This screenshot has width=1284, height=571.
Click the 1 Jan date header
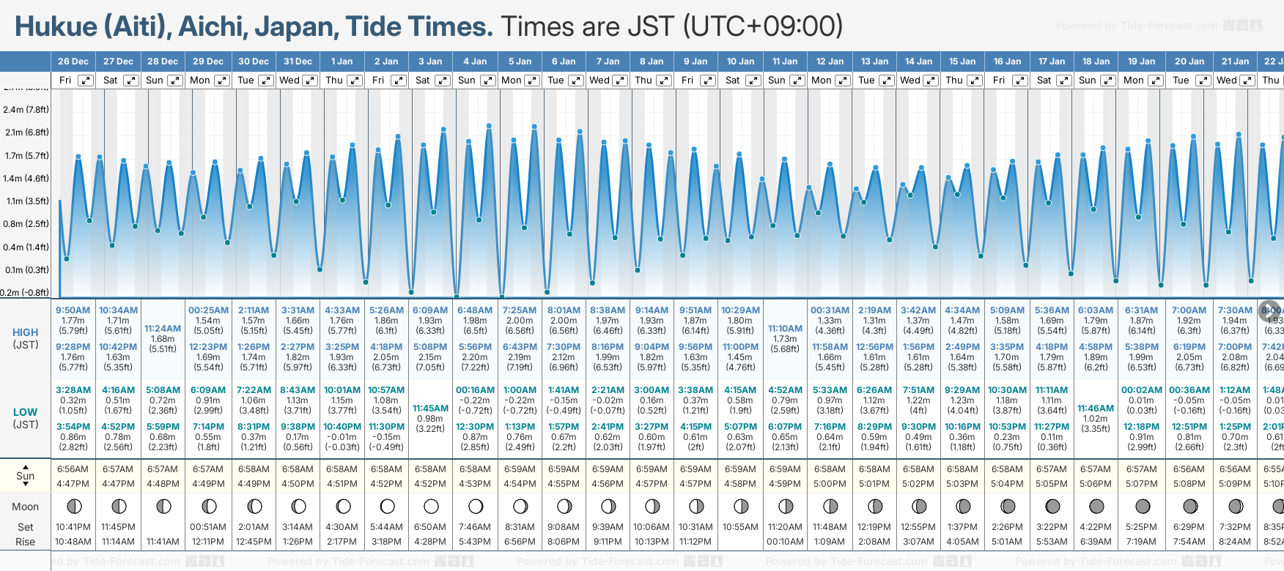pos(342,61)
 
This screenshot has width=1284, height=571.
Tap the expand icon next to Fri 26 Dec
pos(86,81)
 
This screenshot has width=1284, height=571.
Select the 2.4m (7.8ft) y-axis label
pos(26,110)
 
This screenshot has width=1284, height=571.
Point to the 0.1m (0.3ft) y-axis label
pos(26,270)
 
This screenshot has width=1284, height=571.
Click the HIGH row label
pos(26,332)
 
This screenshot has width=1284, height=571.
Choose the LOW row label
pos(26,412)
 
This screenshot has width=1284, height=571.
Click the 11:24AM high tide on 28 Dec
pos(163,329)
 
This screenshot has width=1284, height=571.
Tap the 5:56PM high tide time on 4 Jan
pos(475,347)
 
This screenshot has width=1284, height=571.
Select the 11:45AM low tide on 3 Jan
pos(430,408)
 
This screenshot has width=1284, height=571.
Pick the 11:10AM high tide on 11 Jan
pos(785,329)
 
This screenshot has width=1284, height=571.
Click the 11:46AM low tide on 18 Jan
pos(1096,408)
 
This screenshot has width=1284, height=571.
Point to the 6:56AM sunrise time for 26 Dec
pos(73,469)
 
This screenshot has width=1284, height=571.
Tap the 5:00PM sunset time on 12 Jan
pos(830,484)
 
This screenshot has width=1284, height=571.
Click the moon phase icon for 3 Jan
pos(431,507)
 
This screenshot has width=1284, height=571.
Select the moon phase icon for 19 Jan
pos(1142,507)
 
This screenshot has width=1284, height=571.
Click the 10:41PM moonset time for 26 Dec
pos(73,527)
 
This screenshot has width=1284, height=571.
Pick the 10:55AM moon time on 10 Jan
pos(740,527)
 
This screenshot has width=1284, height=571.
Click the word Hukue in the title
pos(56,27)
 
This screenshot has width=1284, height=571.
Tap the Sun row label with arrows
pos(26,476)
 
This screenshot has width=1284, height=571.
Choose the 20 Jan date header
pos(1189,61)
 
